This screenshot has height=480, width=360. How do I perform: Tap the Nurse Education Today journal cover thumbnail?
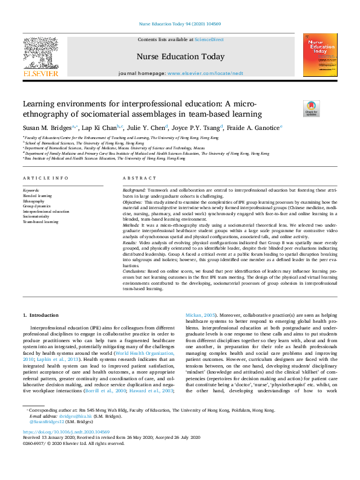tap(320, 56)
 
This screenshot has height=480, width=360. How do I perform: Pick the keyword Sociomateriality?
tap(36, 216)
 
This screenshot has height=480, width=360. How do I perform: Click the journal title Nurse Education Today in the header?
tap(180, 57)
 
